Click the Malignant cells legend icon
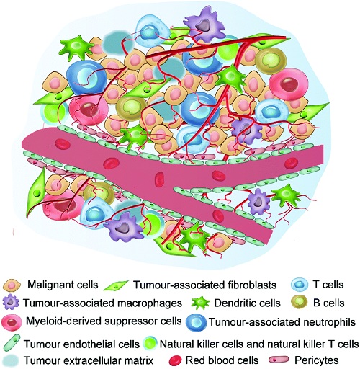pos(12,285)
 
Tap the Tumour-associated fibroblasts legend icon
pos(116,285)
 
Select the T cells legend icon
pos(299,285)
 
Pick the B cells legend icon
pos(299,303)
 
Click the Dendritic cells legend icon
pos(200,303)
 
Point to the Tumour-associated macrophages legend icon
pos(11,303)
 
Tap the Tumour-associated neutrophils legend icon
pos(196,322)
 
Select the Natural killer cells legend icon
pos(150,344)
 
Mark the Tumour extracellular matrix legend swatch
pos(12,360)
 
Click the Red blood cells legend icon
pos(176,360)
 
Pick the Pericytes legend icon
pos(279,360)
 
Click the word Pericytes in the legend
pos(317,360)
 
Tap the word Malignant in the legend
pos(47,285)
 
